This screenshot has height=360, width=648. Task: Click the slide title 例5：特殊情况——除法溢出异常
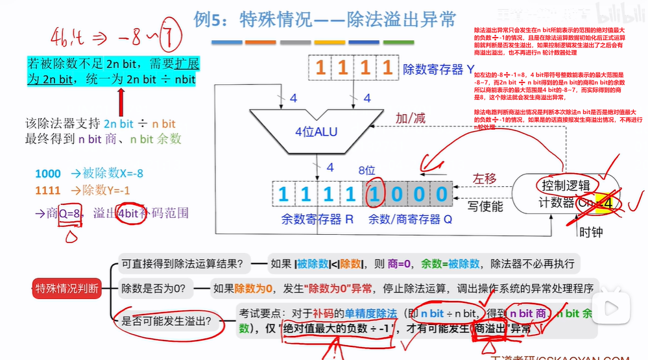[324, 20]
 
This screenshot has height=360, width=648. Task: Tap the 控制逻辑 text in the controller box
[562, 186]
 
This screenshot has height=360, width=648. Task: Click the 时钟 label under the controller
[590, 232]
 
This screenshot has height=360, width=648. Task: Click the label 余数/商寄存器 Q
[410, 220]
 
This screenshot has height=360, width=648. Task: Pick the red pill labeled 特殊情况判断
[67, 289]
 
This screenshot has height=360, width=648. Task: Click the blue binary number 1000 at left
[48, 174]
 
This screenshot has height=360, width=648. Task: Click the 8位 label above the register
[366, 171]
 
